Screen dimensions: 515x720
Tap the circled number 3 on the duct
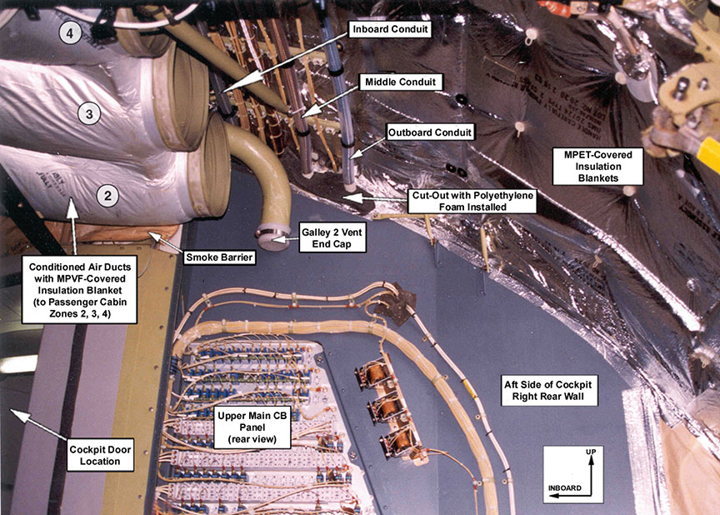point(92,112)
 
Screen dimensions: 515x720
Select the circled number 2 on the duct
point(107,195)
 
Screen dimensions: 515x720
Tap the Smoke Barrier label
point(219,257)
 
